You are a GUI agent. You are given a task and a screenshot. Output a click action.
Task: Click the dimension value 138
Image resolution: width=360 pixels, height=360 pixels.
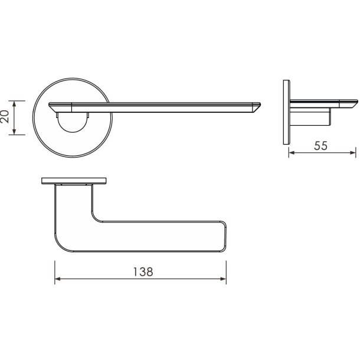141,272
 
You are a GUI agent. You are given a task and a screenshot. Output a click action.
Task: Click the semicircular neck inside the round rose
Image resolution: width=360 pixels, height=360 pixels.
71,122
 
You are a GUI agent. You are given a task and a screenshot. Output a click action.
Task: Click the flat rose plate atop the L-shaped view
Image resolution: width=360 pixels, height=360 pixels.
74,179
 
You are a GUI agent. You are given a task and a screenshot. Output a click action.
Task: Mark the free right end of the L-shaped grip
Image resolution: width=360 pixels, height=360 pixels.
224,236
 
